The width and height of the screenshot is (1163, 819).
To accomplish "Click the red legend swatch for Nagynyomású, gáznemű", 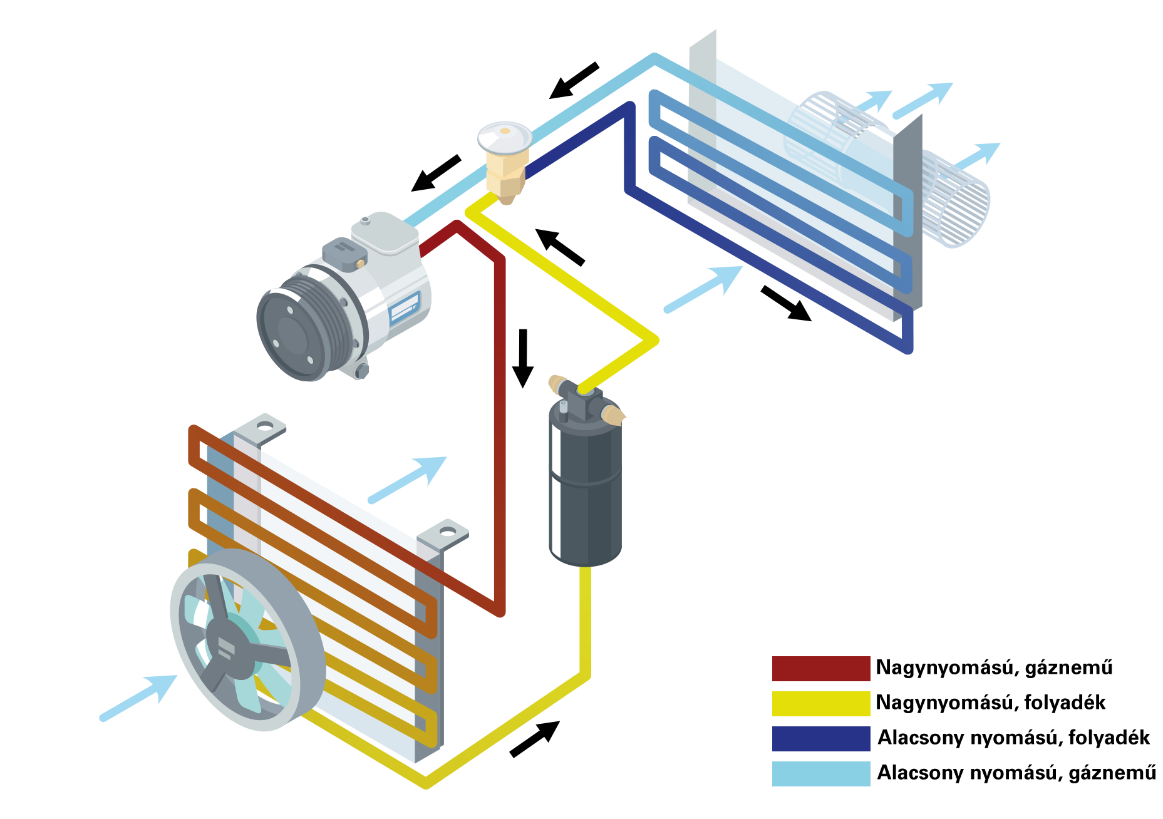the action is [x=820, y=668].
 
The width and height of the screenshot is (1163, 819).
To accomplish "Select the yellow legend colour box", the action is [x=820, y=703].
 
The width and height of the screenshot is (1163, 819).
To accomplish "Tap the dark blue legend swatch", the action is [x=820, y=738].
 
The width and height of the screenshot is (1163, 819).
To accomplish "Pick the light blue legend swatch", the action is [x=820, y=773].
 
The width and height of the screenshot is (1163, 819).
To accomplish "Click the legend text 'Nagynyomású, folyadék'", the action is [x=990, y=703].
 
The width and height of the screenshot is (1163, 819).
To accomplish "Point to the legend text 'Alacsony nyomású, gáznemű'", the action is [x=1016, y=773].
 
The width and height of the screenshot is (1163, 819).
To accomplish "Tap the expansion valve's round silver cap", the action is [x=505, y=137].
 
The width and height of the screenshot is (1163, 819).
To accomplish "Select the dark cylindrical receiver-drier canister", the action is [x=585, y=482].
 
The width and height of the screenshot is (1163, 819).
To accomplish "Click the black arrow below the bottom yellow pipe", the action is [x=534, y=739].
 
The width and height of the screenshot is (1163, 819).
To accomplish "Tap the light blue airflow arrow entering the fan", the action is [x=138, y=697].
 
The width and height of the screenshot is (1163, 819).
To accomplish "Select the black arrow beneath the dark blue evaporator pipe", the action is [x=786, y=304].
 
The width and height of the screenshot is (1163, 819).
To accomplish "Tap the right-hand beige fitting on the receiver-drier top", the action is [x=612, y=415].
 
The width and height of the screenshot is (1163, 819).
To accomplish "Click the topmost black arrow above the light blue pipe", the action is [x=574, y=80].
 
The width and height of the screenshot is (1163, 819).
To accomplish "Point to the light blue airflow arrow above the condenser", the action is [x=407, y=480].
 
